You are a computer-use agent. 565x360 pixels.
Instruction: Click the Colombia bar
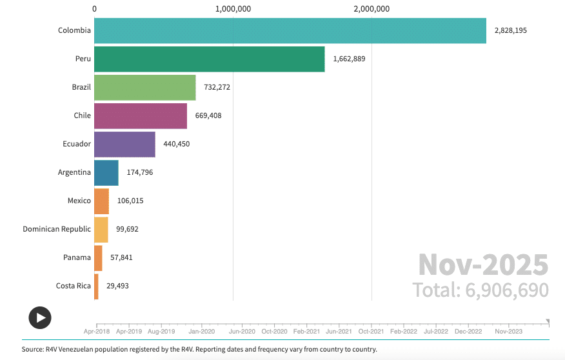click(290, 30)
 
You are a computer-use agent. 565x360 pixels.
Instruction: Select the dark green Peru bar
click(209, 59)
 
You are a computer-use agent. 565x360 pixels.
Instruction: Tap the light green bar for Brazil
click(144, 87)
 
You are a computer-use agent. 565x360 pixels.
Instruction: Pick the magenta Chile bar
click(140, 115)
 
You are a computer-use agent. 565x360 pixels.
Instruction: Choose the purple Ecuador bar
click(124, 144)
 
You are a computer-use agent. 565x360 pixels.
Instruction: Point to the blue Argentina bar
click(106, 172)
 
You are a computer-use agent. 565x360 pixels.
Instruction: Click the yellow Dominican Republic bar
click(101, 229)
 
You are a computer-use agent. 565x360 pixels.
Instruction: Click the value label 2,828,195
click(510, 30)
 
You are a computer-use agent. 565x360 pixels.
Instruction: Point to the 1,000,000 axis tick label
click(233, 9)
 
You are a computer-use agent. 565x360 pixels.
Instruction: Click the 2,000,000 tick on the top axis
click(372, 9)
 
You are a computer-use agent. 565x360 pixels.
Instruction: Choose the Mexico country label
click(79, 201)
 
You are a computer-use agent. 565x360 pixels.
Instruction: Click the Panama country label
click(77, 257)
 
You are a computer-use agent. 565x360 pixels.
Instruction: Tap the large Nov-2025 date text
click(482, 265)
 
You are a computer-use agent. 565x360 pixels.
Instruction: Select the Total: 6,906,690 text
click(481, 290)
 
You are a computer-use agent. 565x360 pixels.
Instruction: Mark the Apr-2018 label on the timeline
click(96, 331)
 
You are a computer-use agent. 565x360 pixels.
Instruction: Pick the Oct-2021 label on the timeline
click(371, 331)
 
